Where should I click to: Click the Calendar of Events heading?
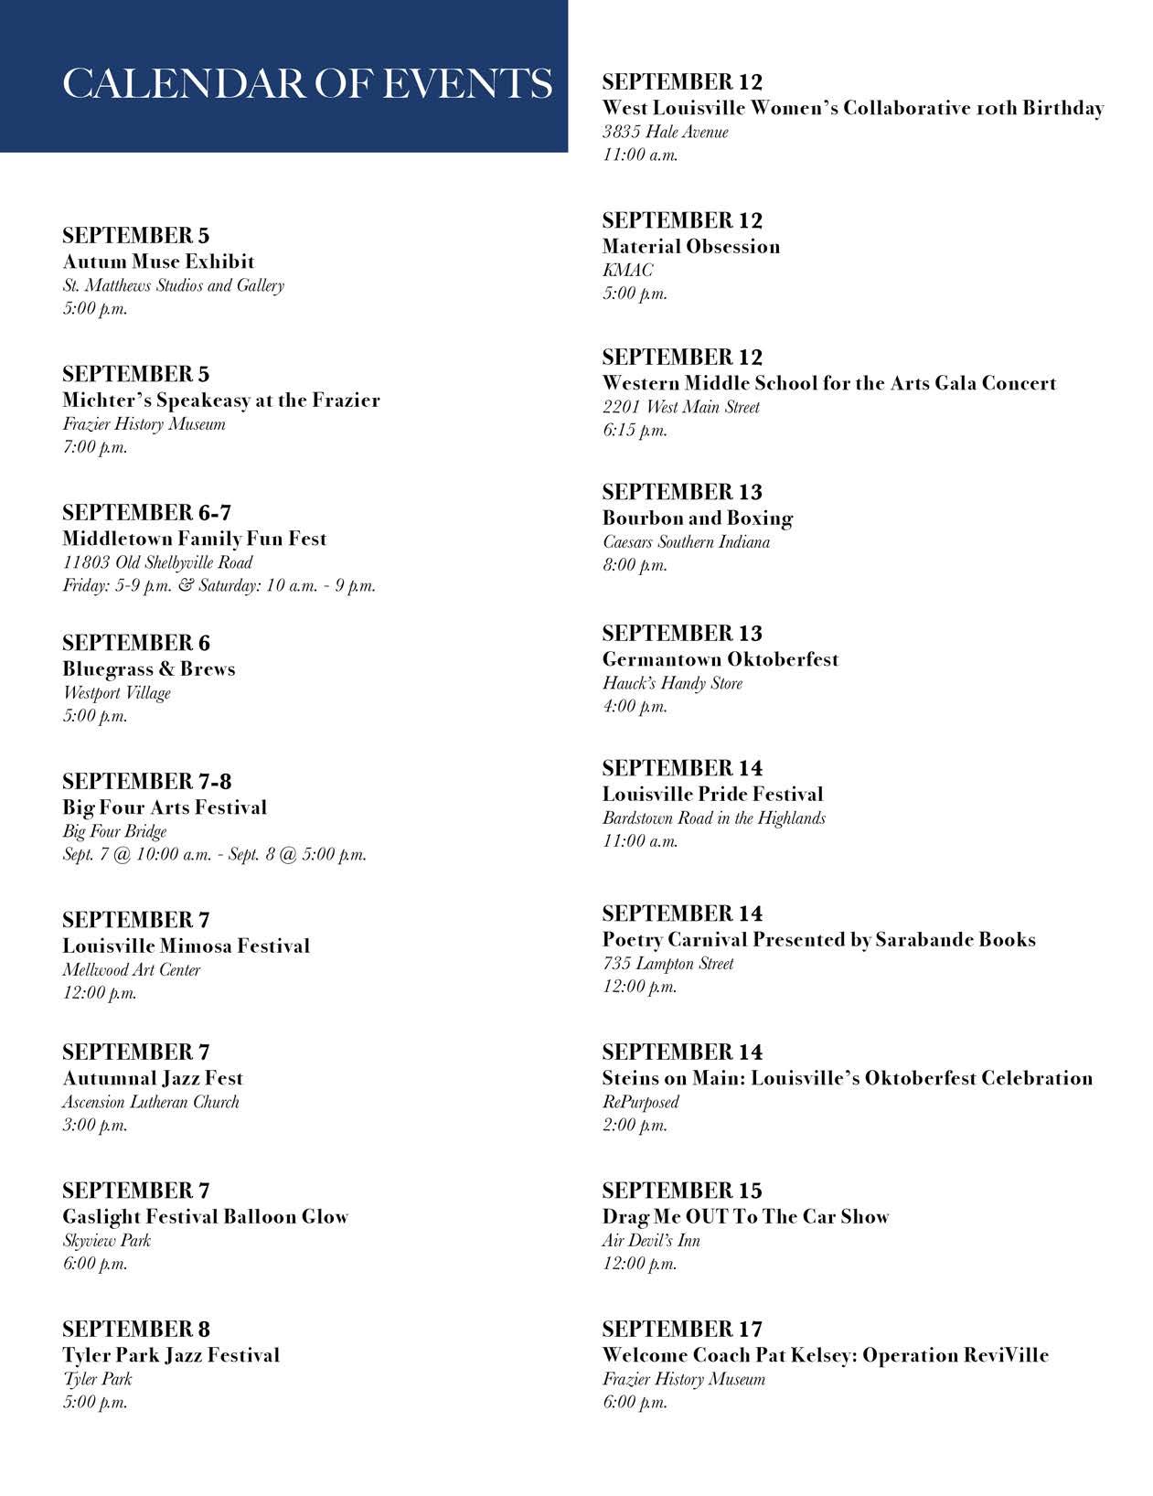307,83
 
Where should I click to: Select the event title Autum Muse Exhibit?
158,262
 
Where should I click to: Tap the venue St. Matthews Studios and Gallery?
173,285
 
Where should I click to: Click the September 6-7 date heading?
146,512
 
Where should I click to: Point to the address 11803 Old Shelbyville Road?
157,562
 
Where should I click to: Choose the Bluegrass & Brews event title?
149,669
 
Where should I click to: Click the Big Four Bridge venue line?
114,831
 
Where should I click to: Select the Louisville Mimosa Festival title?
186,946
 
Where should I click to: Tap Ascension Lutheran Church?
151,1102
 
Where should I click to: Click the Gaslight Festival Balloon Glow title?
206,1217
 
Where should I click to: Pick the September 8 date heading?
136,1329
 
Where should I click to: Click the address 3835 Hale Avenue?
665,132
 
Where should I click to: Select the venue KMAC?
627,270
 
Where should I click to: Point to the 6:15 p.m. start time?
635,430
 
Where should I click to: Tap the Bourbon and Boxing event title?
697,518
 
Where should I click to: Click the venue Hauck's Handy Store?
672,683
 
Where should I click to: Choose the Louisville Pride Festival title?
712,795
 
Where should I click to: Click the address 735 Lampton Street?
667,963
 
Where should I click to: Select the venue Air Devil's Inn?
651,1241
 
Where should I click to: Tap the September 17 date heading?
682,1329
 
